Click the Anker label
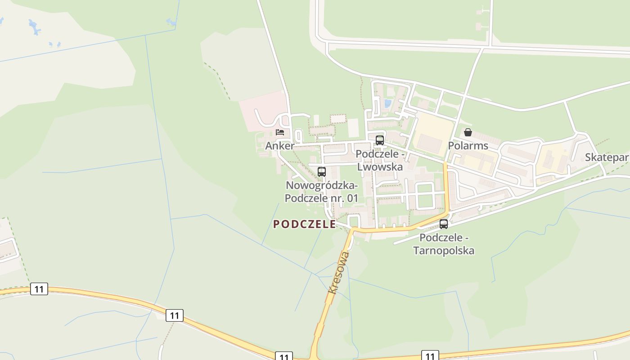279,146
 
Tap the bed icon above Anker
280,132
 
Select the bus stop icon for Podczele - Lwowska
380,140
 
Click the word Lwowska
380,166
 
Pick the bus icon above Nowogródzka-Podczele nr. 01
322,171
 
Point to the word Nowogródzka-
322,185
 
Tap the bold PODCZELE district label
305,224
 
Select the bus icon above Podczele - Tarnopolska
444,224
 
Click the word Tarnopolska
444,250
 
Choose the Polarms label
468,146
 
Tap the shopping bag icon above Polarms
468,132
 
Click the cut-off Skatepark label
607,157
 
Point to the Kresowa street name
339,272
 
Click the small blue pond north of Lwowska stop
387,103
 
